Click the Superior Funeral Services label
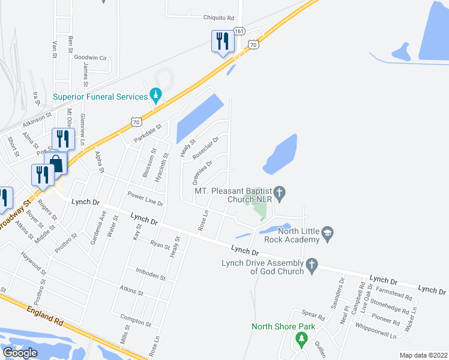(x=100, y=97)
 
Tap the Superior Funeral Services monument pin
(x=156, y=95)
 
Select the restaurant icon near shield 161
(x=222, y=42)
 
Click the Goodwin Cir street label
(x=90, y=58)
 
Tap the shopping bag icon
(x=56, y=163)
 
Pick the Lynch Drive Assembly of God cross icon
(x=311, y=264)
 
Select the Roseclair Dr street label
(x=205, y=147)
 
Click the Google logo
(x=20, y=353)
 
